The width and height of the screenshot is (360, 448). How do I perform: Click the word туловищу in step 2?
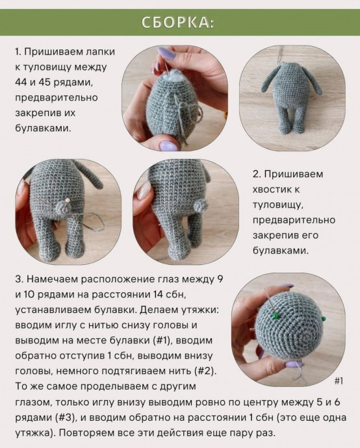(278, 204)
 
